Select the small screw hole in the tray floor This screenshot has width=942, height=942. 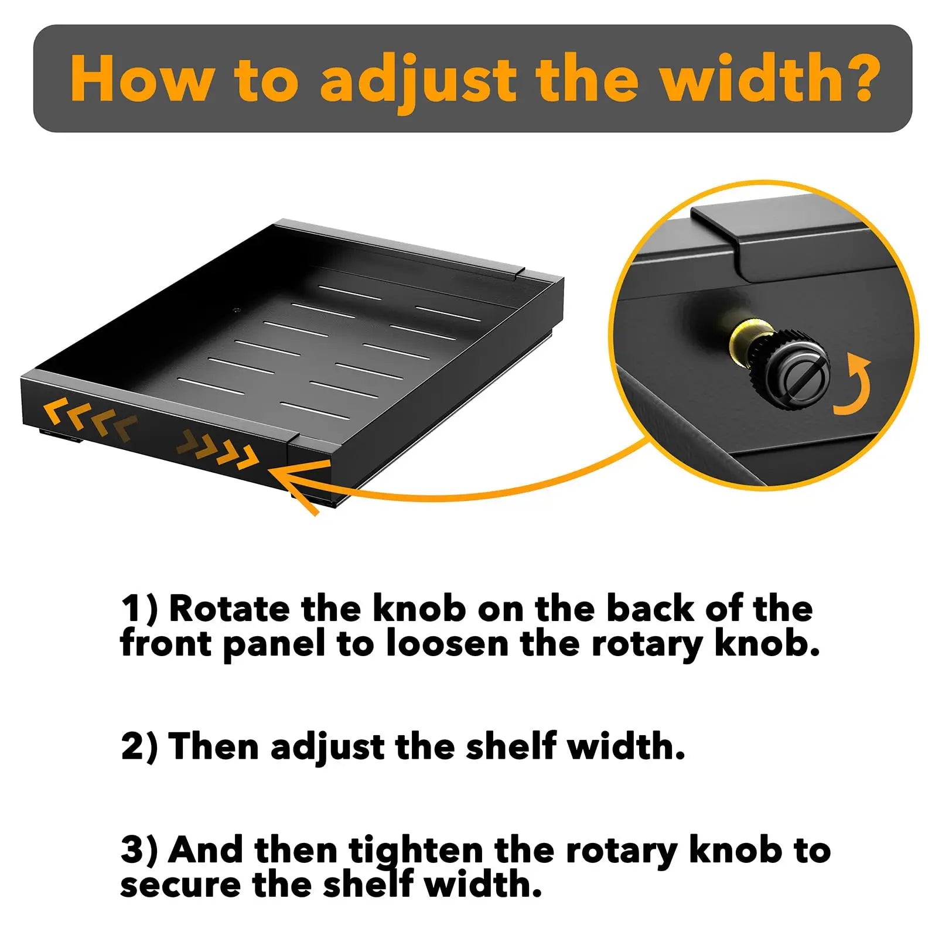pyautogui.click(x=237, y=310)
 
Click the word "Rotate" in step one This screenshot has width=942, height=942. pyautogui.click(x=229, y=609)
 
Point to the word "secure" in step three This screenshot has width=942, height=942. pyautogui.click(x=180, y=886)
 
